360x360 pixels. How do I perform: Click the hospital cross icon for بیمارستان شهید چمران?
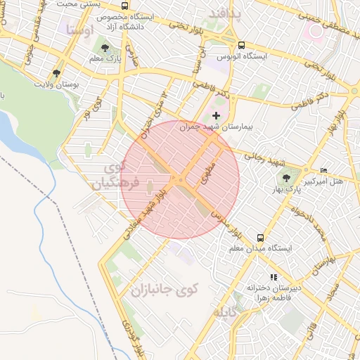point(216,115)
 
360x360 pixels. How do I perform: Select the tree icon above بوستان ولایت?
point(56,72)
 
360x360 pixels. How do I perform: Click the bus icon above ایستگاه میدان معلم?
point(260,238)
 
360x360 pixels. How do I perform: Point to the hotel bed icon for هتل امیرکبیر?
point(323,171)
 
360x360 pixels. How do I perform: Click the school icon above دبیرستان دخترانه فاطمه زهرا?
point(274,278)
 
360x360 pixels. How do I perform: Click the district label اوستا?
point(79,30)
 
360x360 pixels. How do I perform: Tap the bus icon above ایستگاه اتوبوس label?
point(242,45)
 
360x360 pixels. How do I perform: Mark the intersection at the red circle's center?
point(180,180)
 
